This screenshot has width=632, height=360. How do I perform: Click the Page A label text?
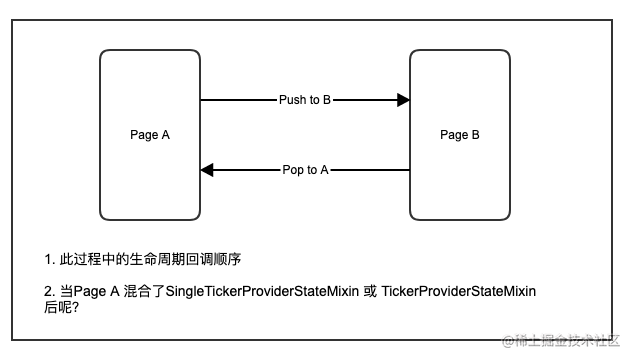pos(150,135)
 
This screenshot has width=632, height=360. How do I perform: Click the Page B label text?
pos(460,135)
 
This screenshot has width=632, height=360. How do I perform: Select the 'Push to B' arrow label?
pos(305,100)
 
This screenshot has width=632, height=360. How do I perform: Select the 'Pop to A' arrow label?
pos(305,170)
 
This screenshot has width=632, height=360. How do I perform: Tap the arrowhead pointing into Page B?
pos(403,100)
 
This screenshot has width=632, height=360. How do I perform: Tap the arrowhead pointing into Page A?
pos(207,170)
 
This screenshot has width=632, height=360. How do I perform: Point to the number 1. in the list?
pos(49,259)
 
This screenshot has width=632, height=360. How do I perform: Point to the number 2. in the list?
pos(49,290)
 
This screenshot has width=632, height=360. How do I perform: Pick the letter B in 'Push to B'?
pos(326,100)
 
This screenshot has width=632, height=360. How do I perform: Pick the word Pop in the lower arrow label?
pos(293,170)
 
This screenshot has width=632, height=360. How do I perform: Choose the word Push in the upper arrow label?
pos(293,100)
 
